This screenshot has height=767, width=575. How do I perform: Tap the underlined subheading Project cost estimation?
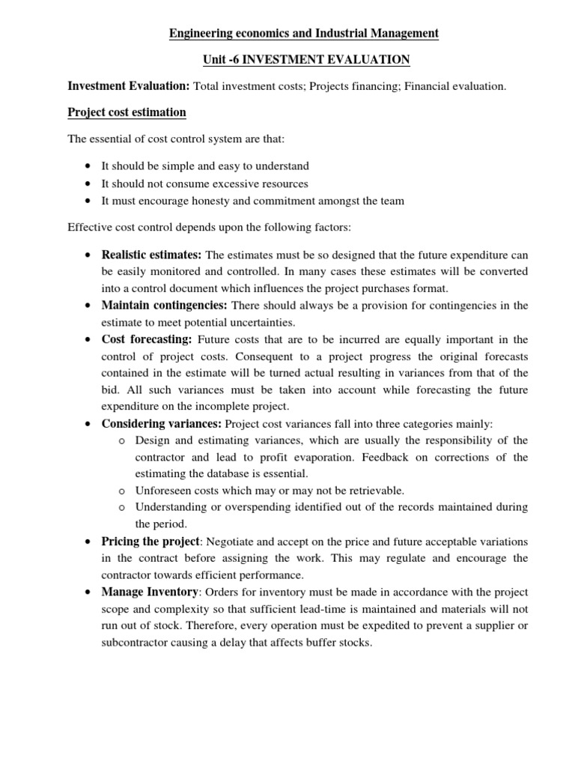pyautogui.click(x=127, y=112)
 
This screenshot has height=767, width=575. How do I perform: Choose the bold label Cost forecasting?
pyautogui.click(x=147, y=339)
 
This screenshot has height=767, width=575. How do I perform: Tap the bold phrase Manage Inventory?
pyautogui.click(x=150, y=592)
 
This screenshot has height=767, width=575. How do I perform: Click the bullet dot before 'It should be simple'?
pyautogui.click(x=89, y=166)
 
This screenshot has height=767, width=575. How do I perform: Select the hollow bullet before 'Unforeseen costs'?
pyautogui.click(x=121, y=491)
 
